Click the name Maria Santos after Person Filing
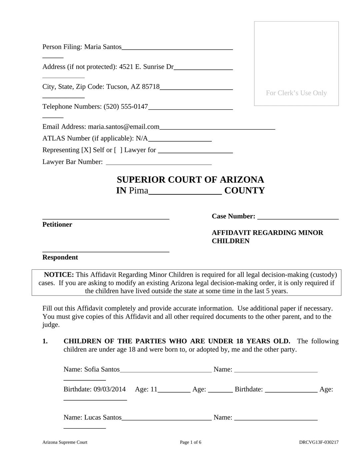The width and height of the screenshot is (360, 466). pos(103,47)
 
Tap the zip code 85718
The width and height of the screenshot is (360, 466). pos(151,87)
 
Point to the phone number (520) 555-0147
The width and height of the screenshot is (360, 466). pos(126,107)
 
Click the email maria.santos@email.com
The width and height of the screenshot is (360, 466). pos(123,127)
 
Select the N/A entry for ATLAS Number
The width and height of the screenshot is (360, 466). pos(142,138)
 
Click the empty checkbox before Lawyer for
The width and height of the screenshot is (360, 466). pos(118,150)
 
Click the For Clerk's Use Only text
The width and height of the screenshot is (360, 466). pos(296,93)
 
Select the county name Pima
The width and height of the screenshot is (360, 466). pos(138,191)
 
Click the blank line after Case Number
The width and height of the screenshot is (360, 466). pos(298,217)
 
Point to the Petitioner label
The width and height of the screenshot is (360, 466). pos(57,225)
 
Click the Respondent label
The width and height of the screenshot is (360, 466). pos(60,257)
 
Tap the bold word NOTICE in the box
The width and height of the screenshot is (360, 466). pos(59,275)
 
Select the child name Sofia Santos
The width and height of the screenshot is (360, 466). pos(102,369)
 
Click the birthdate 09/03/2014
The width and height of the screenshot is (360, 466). pos(109,389)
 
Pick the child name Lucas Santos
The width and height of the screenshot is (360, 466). pos(103,417)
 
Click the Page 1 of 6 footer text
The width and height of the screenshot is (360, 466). pos(191,442)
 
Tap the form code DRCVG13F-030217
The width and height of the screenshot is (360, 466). pos(319,442)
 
